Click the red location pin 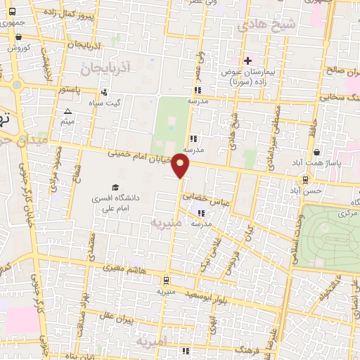point(181,166)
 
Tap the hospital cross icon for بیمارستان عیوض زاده point(247,60)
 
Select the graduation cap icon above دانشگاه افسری point(115,186)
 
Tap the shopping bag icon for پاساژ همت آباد point(317,150)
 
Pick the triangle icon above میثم point(67,112)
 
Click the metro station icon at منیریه point(165,278)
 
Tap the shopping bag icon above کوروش point(13,36)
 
